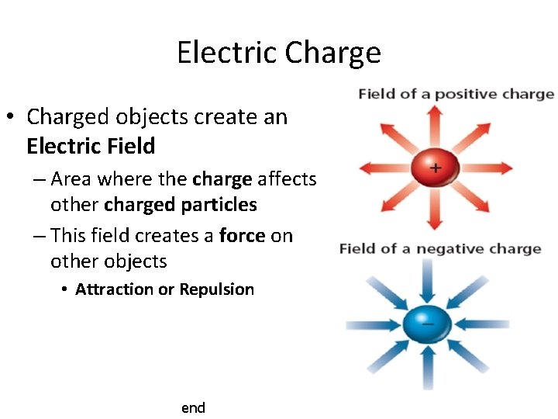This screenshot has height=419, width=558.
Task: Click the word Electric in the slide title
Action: tap(226, 53)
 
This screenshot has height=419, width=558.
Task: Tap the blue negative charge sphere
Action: tap(425, 324)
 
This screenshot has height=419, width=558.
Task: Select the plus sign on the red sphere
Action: tap(436, 166)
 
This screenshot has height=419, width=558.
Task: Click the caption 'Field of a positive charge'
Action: tap(456, 94)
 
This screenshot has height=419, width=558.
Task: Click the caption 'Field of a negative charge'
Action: tap(439, 249)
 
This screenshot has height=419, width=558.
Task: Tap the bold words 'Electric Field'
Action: tap(91, 146)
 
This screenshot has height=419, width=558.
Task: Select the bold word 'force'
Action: tap(243, 235)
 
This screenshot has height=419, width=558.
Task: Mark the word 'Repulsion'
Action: tap(217, 289)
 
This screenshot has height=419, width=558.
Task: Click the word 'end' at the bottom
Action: tap(193, 407)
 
